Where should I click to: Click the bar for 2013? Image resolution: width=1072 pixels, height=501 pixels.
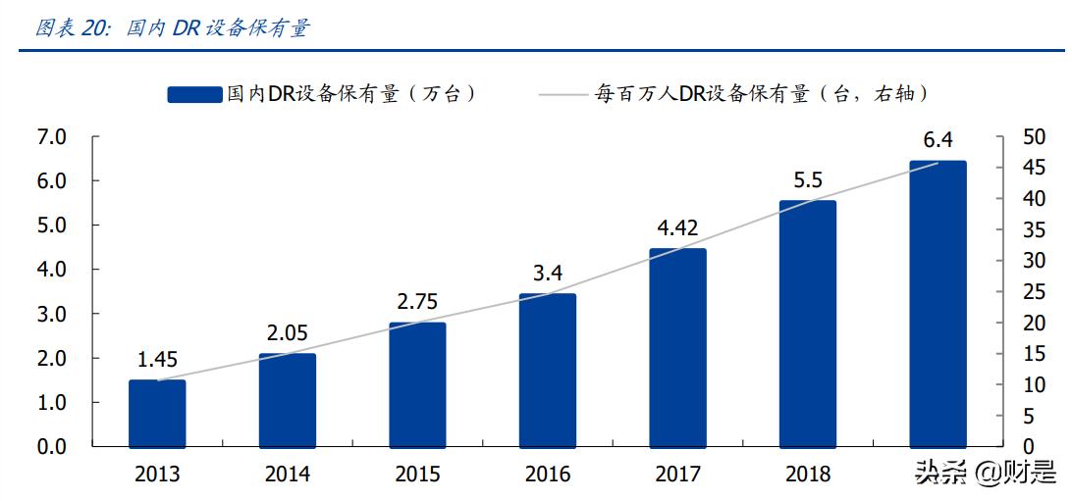point(157,413)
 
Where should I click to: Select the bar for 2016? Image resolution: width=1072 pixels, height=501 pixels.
point(547,370)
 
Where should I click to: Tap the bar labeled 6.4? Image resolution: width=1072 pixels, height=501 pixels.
point(938,303)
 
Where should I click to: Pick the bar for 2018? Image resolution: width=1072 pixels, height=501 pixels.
point(808,323)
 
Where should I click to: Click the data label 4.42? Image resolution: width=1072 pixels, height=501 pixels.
point(677,228)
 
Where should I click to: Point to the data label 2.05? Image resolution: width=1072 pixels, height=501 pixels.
point(287,333)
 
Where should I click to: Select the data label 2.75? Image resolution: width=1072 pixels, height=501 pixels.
point(417,301)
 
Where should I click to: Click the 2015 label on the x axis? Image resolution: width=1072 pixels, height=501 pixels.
point(417,475)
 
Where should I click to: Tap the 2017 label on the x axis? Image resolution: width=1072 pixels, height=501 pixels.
point(677,475)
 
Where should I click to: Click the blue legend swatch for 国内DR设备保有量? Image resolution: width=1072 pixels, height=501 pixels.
point(194,94)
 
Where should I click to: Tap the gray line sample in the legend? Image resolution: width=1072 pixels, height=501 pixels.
point(563,95)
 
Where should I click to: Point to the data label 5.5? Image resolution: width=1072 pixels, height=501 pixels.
point(808,180)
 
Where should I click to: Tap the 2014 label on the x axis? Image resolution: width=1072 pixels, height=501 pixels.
point(287,475)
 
